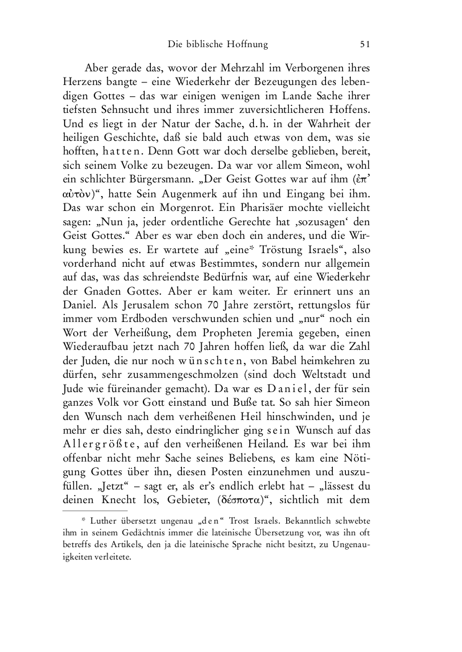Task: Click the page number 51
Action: pos(365,44)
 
